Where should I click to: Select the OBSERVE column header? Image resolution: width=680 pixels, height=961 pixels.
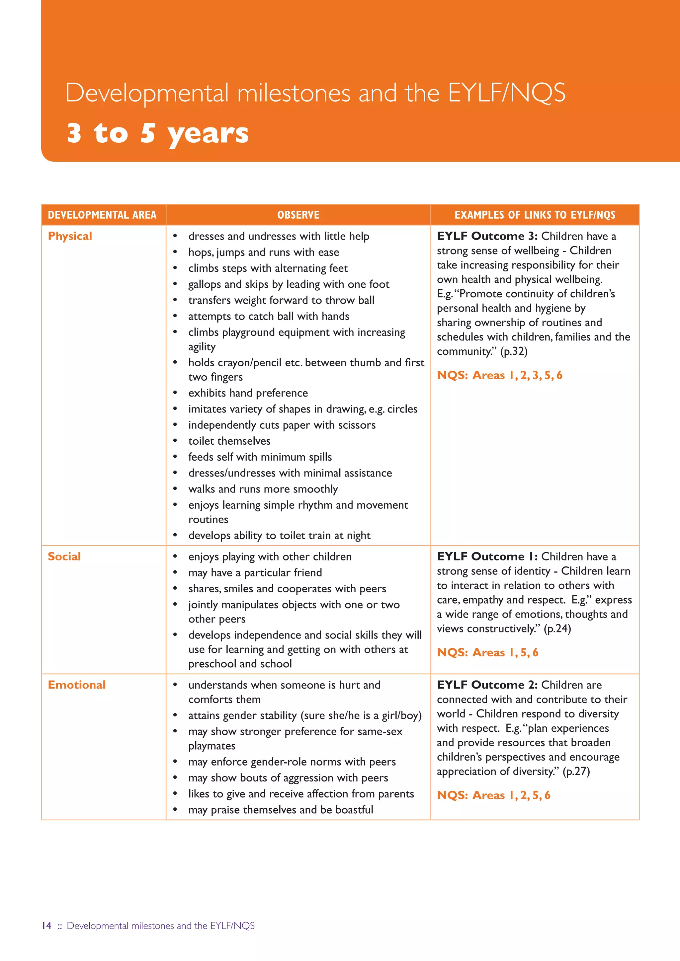pos(298,215)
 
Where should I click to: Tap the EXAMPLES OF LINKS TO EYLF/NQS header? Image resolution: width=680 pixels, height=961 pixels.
pos(535,215)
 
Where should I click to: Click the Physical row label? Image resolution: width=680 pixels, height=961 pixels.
pos(70,236)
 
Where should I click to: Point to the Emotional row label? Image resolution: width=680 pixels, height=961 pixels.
pos(77,685)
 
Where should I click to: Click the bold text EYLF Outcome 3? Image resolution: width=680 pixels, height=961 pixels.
pos(487,236)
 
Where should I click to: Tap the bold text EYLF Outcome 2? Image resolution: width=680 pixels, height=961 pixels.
pos(487,685)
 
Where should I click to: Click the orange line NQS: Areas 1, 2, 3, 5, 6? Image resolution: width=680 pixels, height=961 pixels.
pos(499,375)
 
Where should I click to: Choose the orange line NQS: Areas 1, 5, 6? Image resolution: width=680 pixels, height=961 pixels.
pos(487,652)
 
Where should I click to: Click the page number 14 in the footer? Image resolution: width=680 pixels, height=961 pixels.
pos(46,925)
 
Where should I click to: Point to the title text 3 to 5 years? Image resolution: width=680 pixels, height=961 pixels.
pos(158,133)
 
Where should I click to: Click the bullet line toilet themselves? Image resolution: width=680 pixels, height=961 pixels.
pos(229,441)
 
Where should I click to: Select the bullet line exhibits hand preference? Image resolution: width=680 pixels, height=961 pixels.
pos(248,393)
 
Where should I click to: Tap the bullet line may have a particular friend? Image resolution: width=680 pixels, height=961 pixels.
pos(255,572)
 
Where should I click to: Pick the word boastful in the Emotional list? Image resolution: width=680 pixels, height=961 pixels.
pos(354,810)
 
